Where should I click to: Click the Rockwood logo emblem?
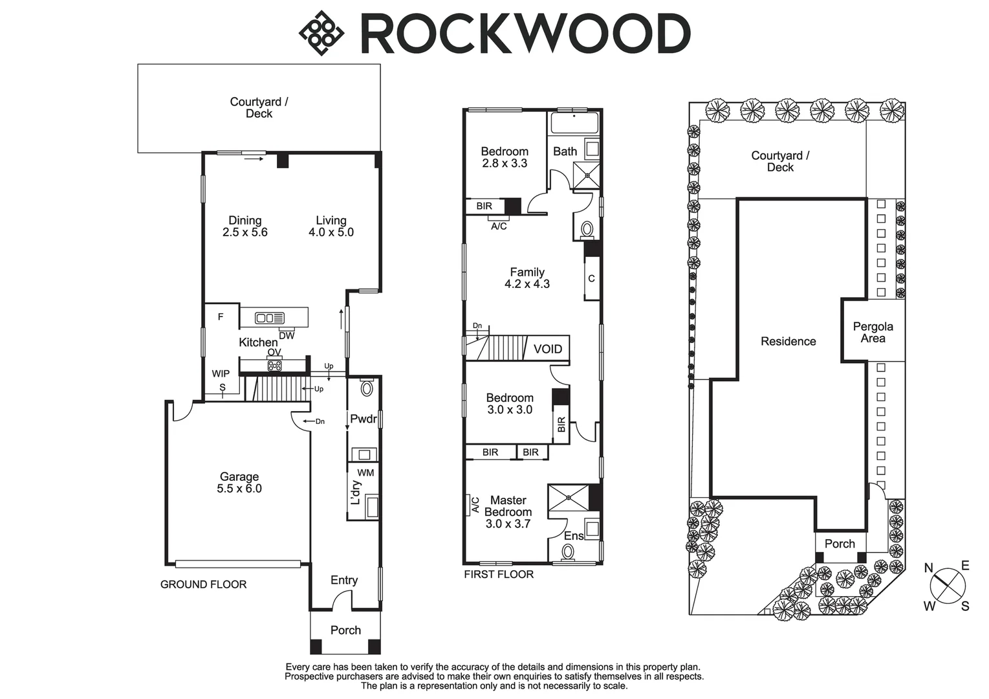tap(320, 33)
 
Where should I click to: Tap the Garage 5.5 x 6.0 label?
tap(239, 483)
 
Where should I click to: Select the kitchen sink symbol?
tap(269, 318)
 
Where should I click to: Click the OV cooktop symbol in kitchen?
tap(274, 366)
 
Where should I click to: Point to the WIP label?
tap(221, 374)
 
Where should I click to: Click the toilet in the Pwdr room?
tap(367, 389)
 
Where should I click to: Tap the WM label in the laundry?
tap(365, 473)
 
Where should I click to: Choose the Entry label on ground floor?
tap(344, 581)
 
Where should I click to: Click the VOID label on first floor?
tap(548, 349)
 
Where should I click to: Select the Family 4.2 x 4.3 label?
tap(527, 278)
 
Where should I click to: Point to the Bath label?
tap(565, 151)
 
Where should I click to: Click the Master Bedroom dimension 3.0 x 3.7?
tap(508, 524)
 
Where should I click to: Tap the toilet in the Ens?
tap(568, 552)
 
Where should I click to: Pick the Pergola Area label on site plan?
tap(873, 333)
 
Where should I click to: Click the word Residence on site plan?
tap(788, 342)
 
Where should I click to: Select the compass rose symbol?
tap(948, 586)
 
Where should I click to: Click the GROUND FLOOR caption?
tap(203, 584)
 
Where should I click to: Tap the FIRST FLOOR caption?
tap(499, 575)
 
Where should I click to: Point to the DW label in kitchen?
tap(287, 336)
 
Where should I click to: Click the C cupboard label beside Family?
tap(591, 279)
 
